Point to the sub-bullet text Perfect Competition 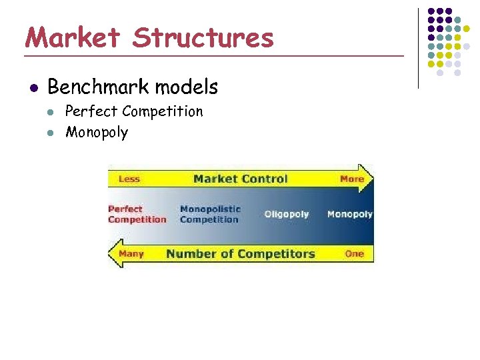click(133, 111)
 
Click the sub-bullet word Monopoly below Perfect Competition click(96, 132)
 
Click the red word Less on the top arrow click(129, 179)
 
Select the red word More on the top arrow click(351, 179)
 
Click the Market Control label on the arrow click(240, 179)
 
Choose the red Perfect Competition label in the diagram click(137, 214)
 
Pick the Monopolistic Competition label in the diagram click(209, 214)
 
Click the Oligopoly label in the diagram click(287, 214)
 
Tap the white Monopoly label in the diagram click(349, 214)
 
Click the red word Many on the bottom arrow click(131, 253)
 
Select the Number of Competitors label click(240, 253)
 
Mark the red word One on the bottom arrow click(354, 253)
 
